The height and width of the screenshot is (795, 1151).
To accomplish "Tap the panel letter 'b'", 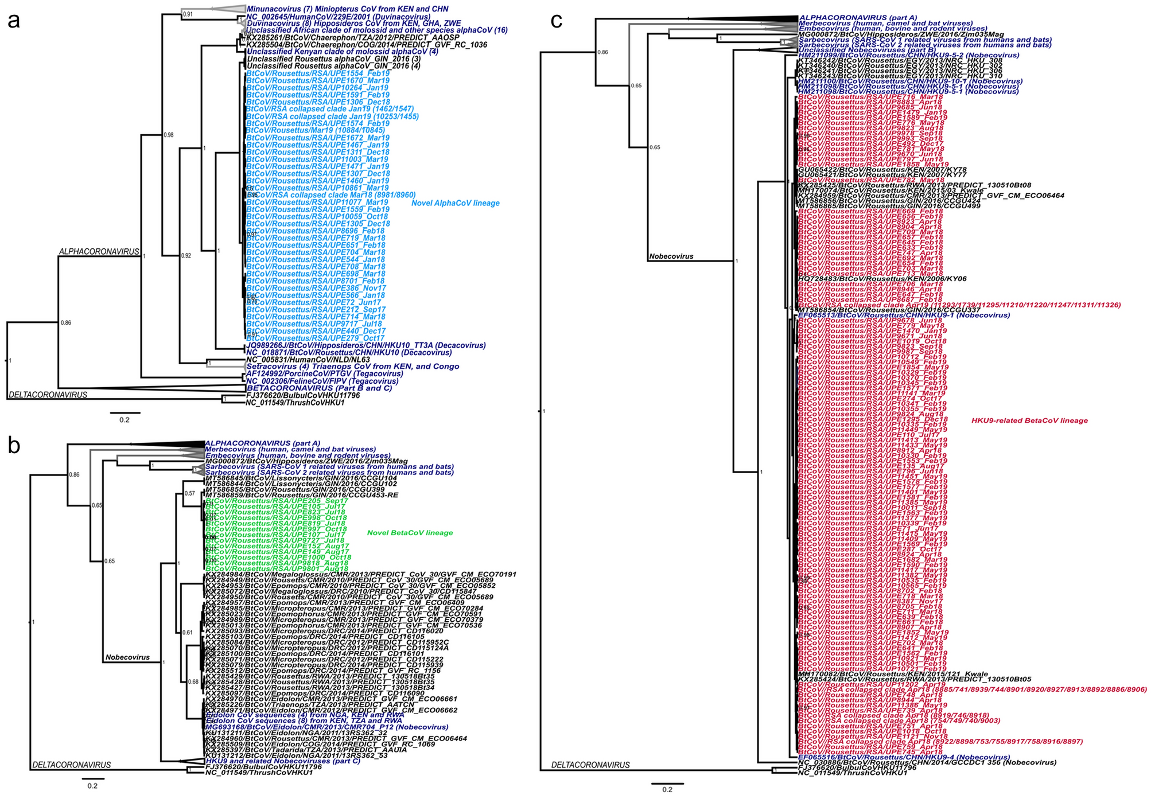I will [14, 446].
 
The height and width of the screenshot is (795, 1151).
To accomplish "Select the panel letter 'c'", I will [557, 21].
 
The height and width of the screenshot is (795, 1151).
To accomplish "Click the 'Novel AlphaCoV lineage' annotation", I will [455, 203].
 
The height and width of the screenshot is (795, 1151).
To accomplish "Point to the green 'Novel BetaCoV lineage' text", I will [410, 533].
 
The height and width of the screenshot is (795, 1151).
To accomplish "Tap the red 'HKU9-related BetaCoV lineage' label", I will [1029, 420].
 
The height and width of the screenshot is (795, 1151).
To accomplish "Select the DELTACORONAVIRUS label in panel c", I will [590, 765].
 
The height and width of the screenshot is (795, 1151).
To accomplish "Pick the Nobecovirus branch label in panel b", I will [127, 657].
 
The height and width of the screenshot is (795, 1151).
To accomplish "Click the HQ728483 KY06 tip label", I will [882, 279].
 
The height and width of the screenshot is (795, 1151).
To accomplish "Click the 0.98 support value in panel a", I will [169, 135].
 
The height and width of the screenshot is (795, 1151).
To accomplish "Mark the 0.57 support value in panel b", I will [189, 493].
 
